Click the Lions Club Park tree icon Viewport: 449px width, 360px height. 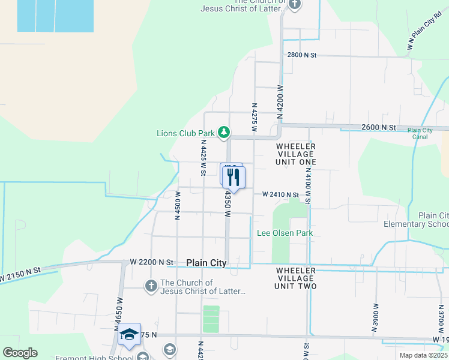click(x=224, y=131)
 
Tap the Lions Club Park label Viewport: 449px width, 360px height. click(x=185, y=133)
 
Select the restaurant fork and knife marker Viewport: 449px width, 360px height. click(x=233, y=177)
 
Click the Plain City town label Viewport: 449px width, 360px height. click(x=206, y=263)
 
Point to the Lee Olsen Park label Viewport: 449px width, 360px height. click(x=285, y=233)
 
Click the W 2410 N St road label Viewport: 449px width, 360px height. click(x=280, y=194)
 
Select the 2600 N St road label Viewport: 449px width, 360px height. click(x=379, y=128)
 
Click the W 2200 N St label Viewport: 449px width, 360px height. click(x=151, y=262)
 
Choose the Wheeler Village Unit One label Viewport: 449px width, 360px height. click(x=296, y=154)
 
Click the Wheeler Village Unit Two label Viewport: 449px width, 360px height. click(x=296, y=278)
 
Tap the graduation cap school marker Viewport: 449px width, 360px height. click(x=128, y=335)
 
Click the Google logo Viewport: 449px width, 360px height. click(x=20, y=353)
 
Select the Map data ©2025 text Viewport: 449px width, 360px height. click(x=424, y=355)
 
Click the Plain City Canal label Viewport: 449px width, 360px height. click(x=420, y=133)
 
